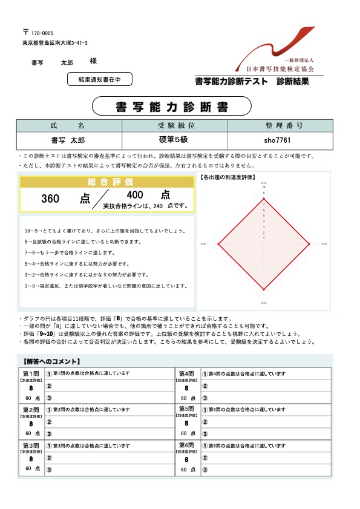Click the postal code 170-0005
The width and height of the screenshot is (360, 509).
(x=42, y=33)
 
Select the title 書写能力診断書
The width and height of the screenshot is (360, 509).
(x=172, y=107)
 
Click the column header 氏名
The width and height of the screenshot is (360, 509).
(x=69, y=126)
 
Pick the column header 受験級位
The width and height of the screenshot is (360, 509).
(x=174, y=126)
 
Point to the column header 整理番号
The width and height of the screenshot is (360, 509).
(x=280, y=126)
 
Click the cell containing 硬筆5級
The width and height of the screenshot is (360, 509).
(x=174, y=140)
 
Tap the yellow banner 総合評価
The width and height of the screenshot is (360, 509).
(x=106, y=182)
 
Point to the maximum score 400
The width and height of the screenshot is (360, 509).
(x=136, y=195)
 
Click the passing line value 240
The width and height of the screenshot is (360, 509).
(x=159, y=206)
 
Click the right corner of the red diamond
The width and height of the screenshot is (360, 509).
(x=310, y=244)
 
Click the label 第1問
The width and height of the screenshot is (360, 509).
(x=31, y=373)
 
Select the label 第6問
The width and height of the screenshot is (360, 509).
(x=187, y=445)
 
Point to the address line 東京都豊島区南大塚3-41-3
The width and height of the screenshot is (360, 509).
(x=55, y=43)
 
